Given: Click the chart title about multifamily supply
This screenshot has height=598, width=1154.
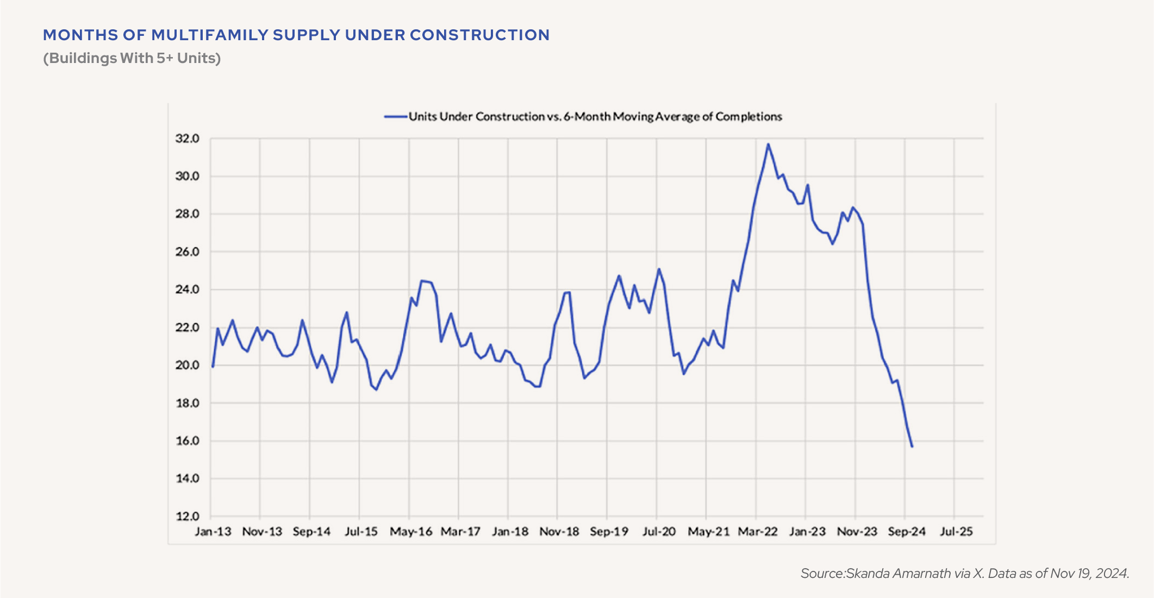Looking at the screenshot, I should tap(296, 35).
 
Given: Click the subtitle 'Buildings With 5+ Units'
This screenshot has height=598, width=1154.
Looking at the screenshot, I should tap(132, 58).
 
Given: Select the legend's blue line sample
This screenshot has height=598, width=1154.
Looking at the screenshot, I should tap(396, 116).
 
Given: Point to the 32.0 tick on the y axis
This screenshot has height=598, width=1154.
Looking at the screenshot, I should tap(187, 139).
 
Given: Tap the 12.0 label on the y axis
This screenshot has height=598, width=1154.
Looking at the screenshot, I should tap(187, 516).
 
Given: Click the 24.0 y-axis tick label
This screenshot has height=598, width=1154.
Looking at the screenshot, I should tap(187, 289).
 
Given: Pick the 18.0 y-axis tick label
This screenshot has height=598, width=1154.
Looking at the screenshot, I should tap(187, 403).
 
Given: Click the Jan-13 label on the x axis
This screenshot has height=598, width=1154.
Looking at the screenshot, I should tap(213, 531).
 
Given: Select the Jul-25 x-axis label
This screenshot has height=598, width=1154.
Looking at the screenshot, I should tap(956, 531).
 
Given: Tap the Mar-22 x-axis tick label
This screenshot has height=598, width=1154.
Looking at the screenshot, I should tap(758, 531).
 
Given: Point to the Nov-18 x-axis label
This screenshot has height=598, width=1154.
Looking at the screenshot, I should tap(559, 531).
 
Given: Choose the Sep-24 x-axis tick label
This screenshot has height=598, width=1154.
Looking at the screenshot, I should tap(907, 531).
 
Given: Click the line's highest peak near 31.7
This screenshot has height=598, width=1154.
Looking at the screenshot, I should tap(768, 144).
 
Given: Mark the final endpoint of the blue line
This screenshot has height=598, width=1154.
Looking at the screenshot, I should tap(912, 446).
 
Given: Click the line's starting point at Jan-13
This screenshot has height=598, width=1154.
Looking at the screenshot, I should tap(213, 367).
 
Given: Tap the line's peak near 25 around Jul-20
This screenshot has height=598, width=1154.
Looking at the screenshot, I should tap(659, 269).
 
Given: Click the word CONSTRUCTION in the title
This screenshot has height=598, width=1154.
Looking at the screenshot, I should tap(479, 35).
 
